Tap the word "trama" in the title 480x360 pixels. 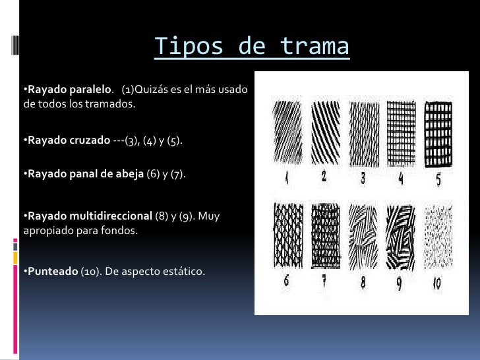[315, 47]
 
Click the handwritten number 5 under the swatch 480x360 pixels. [438, 179]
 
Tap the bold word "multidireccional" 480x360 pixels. [107, 216]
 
